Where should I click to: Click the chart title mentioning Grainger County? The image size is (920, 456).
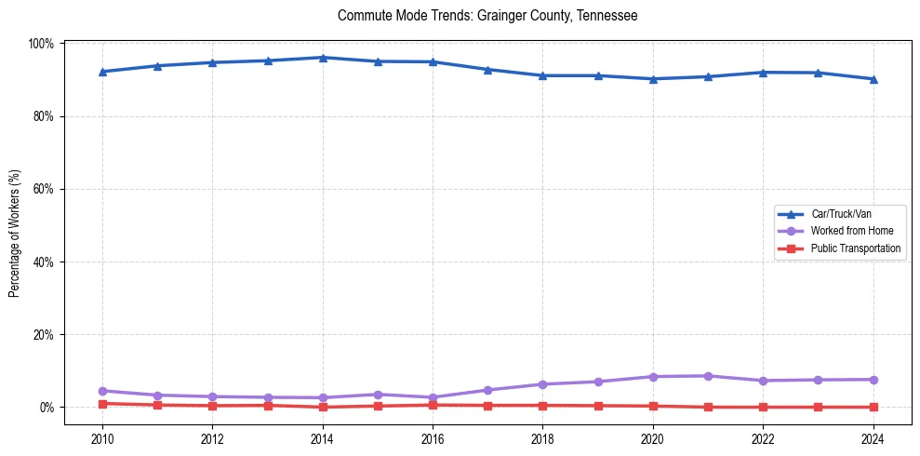(487, 16)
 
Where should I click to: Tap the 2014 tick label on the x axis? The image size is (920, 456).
(322, 440)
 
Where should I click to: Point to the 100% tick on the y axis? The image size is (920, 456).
(42, 44)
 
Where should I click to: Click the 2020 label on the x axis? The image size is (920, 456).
(652, 440)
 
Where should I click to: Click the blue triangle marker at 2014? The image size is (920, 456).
(322, 58)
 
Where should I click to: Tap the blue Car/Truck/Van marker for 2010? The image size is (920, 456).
(102, 72)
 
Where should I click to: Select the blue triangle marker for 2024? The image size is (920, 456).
(873, 79)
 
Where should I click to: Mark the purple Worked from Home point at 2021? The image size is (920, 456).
(708, 376)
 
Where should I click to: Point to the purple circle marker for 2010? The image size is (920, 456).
(102, 391)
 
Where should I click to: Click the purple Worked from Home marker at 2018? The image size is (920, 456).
(542, 384)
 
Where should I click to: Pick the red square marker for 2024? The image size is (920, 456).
(873, 407)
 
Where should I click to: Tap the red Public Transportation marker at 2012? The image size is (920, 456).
(212, 406)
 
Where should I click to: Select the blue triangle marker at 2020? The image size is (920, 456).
(652, 79)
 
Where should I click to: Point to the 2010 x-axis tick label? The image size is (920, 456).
(102, 440)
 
